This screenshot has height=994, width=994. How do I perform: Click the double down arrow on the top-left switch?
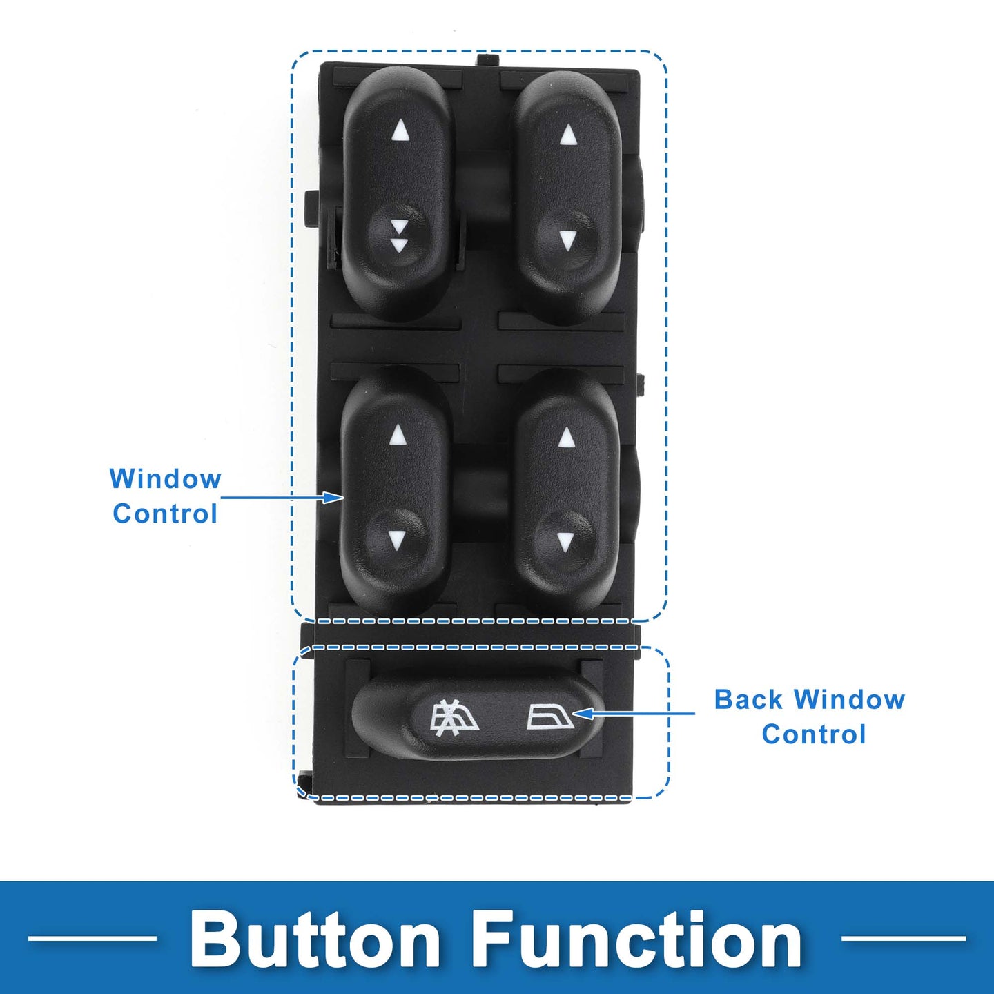[x=398, y=235]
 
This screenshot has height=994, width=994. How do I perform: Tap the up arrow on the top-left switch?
[x=400, y=132]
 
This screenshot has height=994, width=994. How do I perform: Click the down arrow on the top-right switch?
[x=567, y=240]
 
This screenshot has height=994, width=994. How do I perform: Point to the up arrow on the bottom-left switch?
[x=397, y=434]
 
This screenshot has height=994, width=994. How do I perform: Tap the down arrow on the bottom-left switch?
[x=396, y=540]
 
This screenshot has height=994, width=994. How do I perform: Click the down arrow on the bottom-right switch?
[x=565, y=540]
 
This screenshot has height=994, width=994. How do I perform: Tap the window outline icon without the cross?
[x=551, y=717]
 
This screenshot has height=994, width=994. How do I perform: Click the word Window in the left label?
[x=166, y=478]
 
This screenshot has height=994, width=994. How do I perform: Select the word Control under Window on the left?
[x=165, y=514]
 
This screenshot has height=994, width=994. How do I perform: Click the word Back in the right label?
[x=750, y=700]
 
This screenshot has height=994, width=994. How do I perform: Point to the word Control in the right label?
[x=813, y=734]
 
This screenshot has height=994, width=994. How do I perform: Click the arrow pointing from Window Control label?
[x=282, y=498]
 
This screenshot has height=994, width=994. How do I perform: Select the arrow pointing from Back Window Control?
[x=634, y=714]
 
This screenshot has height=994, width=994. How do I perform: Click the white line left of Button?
[x=92, y=938]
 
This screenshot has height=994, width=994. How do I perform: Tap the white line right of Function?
[x=903, y=938]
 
